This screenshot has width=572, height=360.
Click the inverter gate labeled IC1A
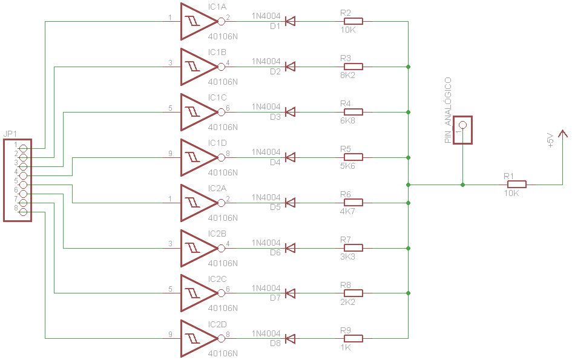click(x=197, y=21)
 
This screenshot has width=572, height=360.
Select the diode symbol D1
click(x=290, y=21)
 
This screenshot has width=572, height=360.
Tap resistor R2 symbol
click(x=352, y=21)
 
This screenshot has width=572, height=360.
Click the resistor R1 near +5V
click(x=516, y=184)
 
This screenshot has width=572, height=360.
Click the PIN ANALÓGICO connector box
click(x=463, y=129)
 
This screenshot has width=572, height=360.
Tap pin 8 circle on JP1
click(x=24, y=212)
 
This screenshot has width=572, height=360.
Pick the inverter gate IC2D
click(x=197, y=339)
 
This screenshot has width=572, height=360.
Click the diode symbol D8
click(x=290, y=339)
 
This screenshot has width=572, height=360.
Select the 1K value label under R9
click(x=346, y=347)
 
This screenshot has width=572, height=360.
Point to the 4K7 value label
click(x=348, y=211)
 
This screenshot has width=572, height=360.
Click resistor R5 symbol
click(x=352, y=157)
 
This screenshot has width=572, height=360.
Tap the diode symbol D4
click(x=290, y=157)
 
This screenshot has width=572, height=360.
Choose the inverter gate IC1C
click(x=197, y=112)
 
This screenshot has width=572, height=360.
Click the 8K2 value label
click(x=348, y=75)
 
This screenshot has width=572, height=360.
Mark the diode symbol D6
click(x=290, y=248)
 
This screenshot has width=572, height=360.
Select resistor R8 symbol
click(x=352, y=293)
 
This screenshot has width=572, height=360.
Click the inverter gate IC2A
click(x=197, y=203)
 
